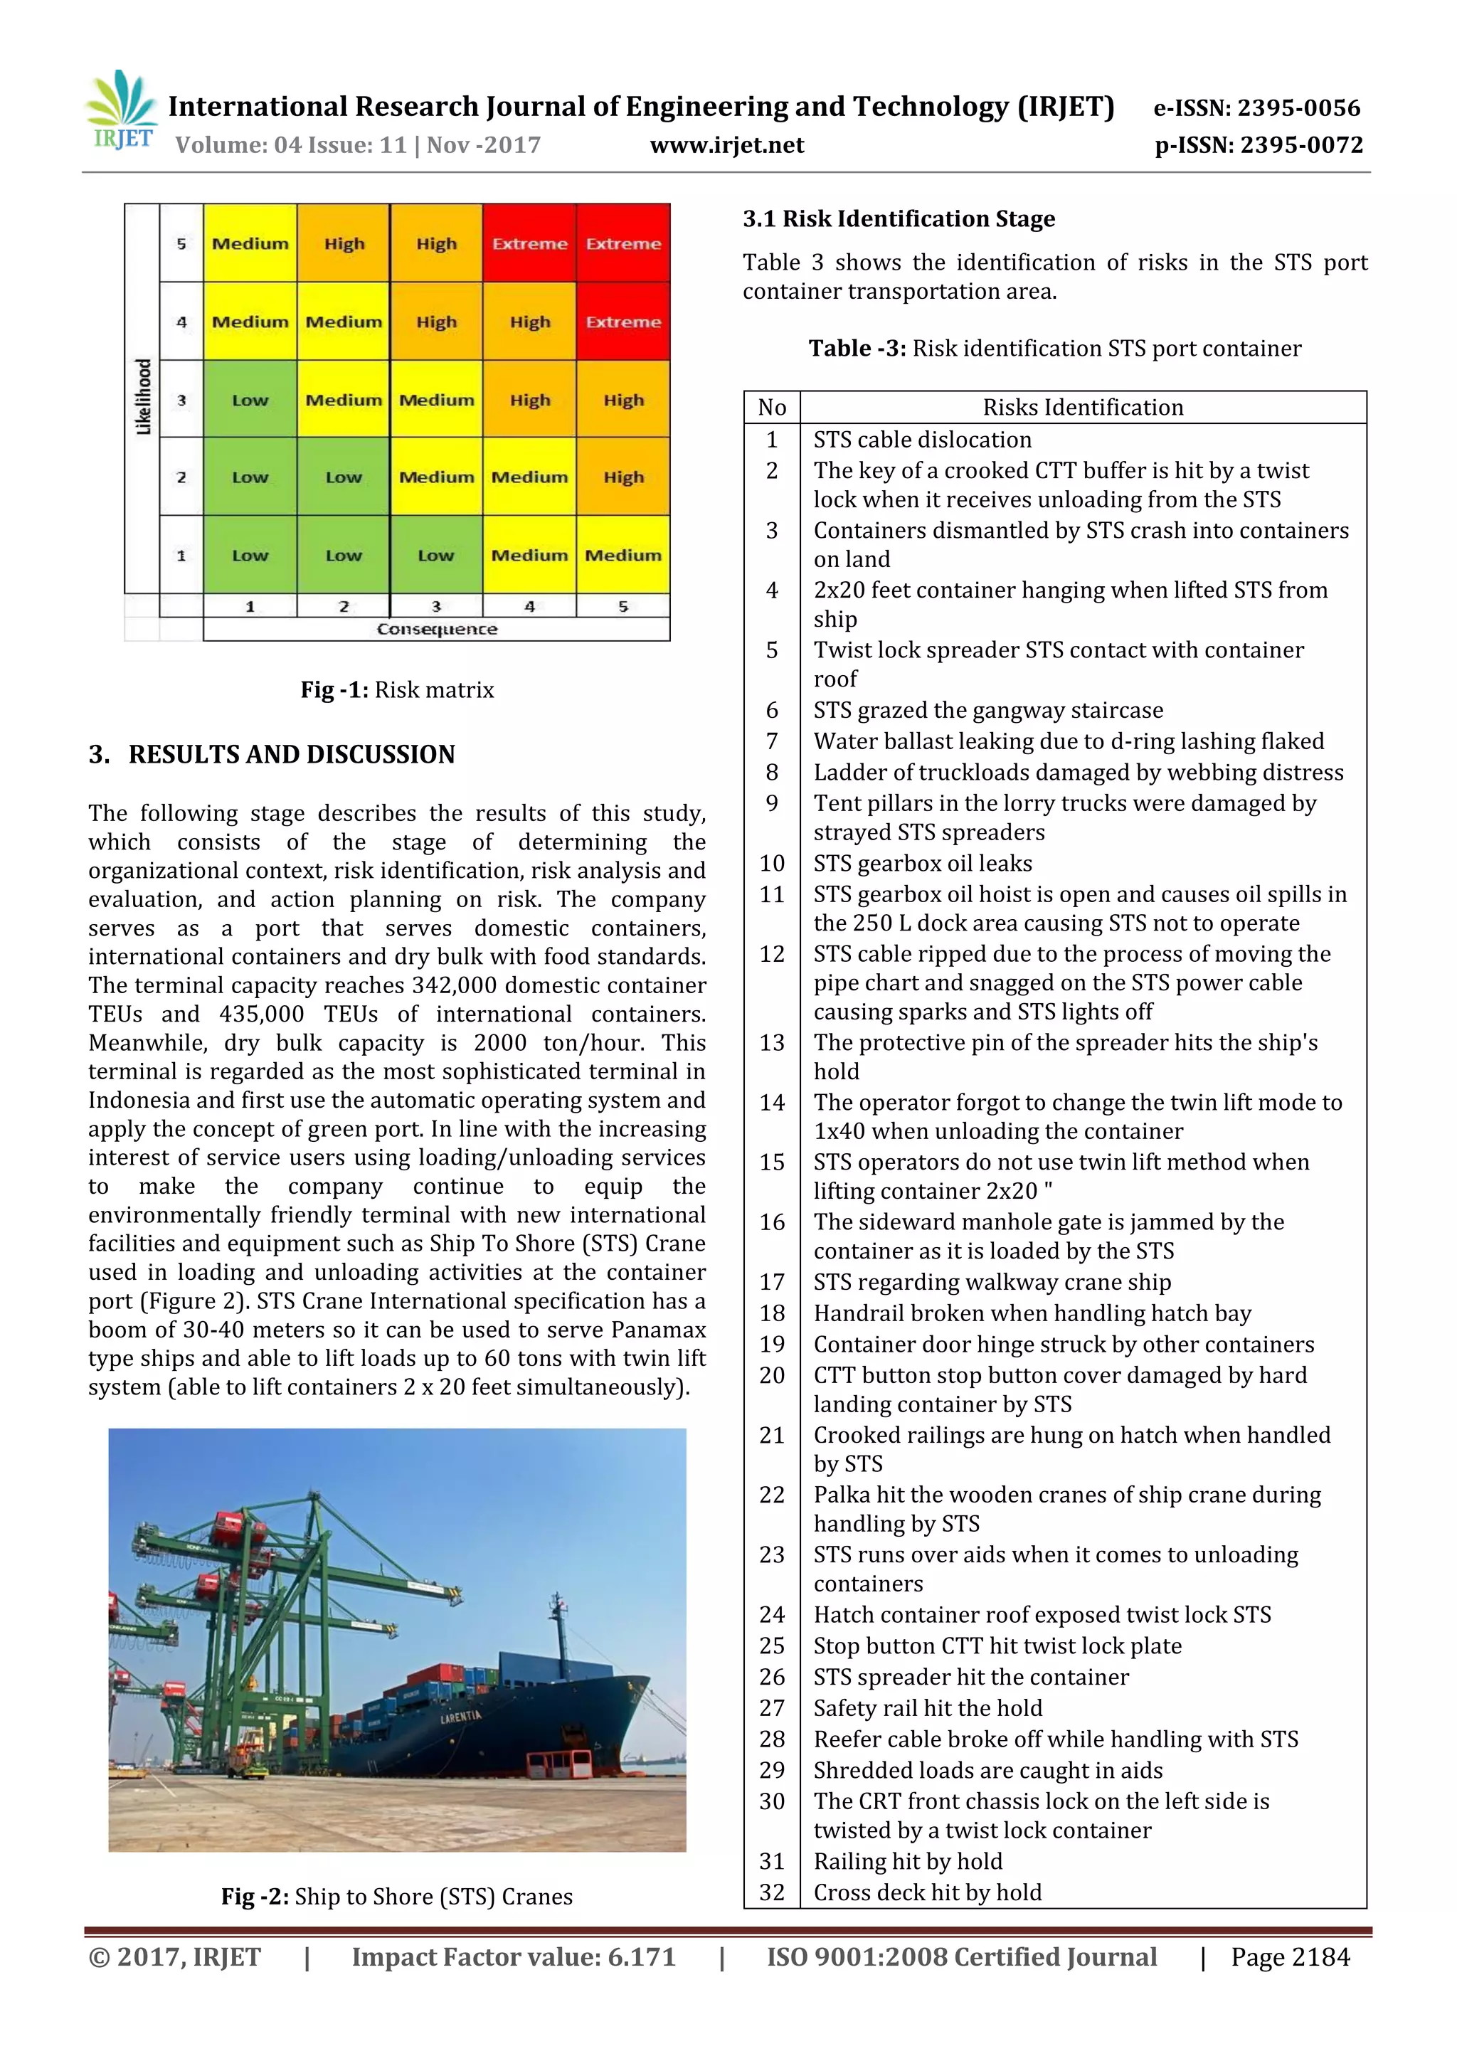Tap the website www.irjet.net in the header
pos(726,145)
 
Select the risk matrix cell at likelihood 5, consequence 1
pos(250,243)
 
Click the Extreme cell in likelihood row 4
pos(623,322)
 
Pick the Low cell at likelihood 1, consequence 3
pos(436,555)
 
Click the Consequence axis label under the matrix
pos(436,629)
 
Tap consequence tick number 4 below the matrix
pos(529,607)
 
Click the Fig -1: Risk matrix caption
pos(397,689)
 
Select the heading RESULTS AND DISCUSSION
pos(291,754)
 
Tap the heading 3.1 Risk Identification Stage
pos(899,219)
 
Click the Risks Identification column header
pos(1083,408)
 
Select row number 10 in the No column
pos(772,864)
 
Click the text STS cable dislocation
pos(922,440)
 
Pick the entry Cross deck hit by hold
pos(928,1892)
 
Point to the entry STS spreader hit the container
pos(970,1677)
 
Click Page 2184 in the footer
pos(1290,1957)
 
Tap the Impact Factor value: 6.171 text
pos(513,1957)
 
